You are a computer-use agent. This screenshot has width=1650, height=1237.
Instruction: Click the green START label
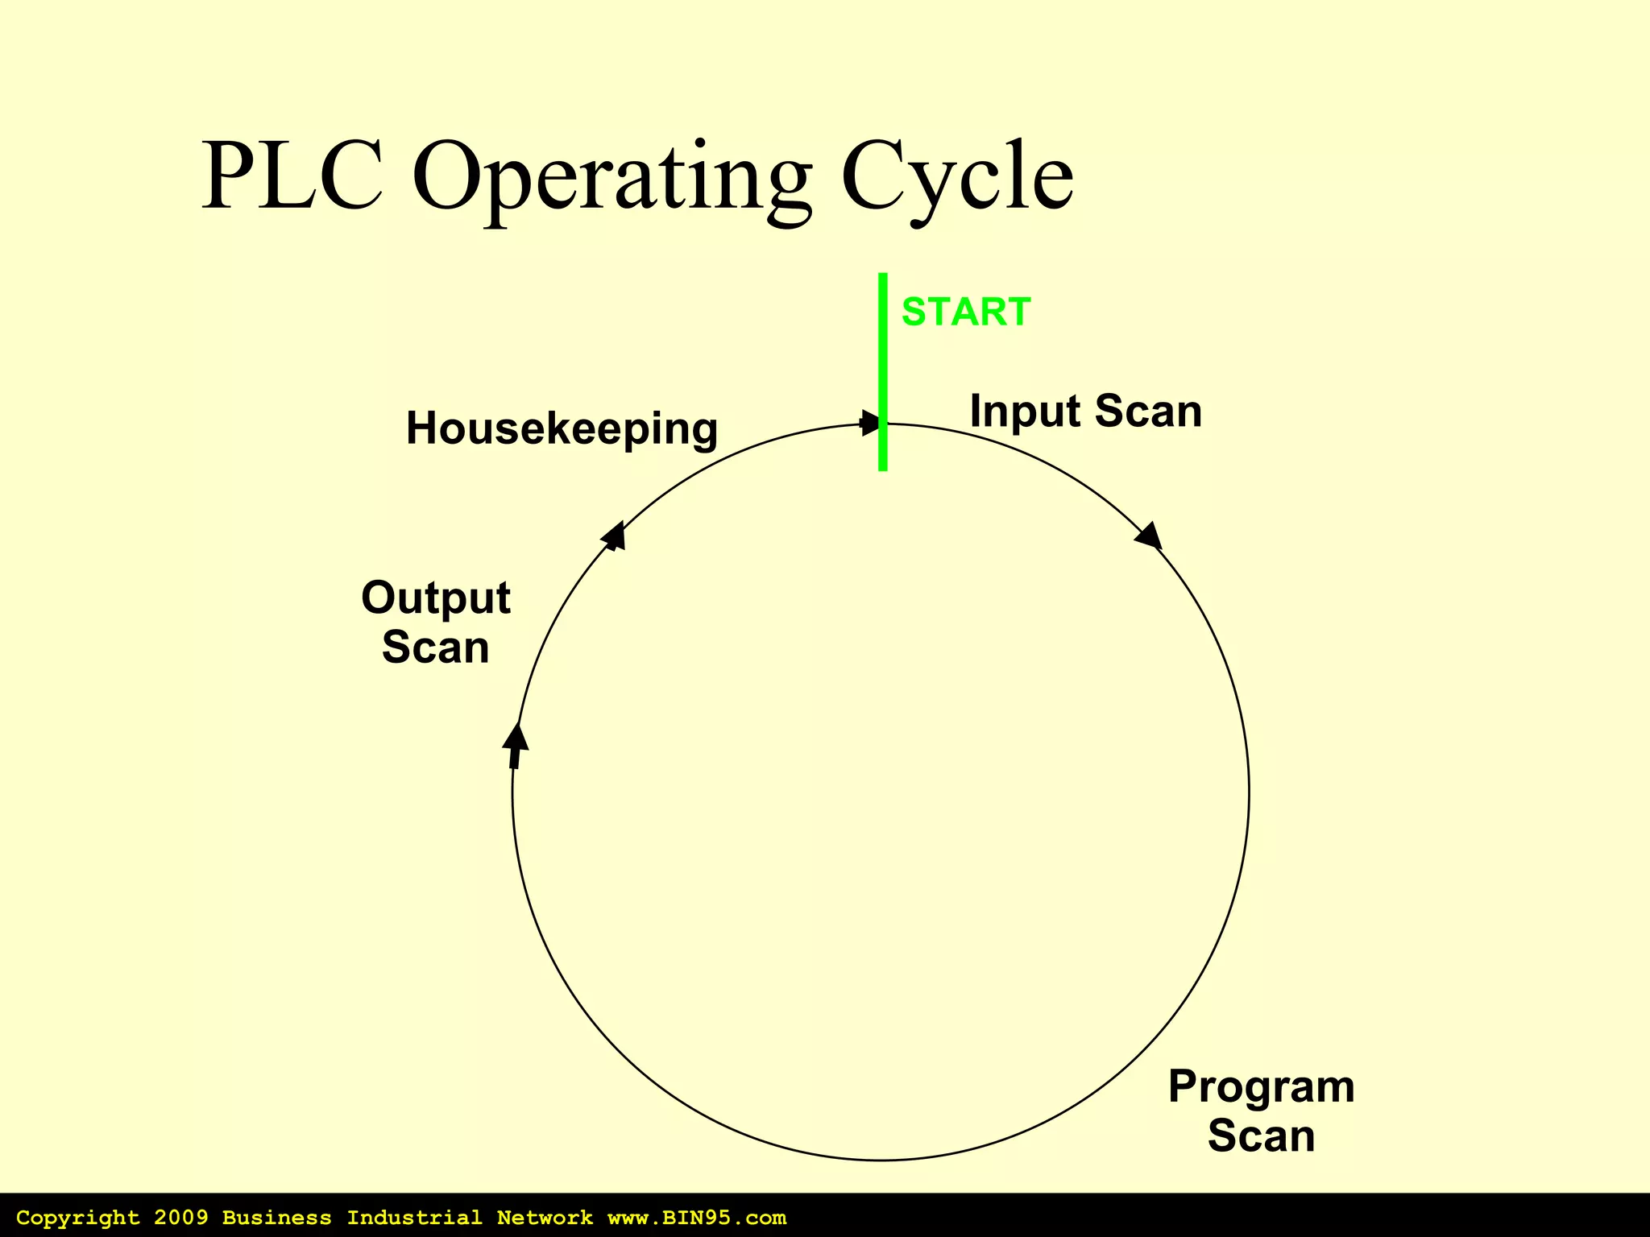(965, 312)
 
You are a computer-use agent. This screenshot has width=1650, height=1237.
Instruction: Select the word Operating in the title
(612, 179)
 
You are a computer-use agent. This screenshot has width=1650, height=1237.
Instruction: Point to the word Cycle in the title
(956, 179)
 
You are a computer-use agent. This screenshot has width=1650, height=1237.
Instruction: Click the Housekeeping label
(562, 428)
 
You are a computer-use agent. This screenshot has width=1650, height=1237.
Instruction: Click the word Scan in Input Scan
(1148, 412)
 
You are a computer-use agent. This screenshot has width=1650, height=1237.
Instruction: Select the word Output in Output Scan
(435, 598)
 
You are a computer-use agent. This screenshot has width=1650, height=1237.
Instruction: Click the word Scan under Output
(435, 647)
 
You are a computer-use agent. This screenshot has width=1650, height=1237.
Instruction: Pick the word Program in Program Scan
(1261, 1086)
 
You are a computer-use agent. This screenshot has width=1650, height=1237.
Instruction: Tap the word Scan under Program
(1261, 1136)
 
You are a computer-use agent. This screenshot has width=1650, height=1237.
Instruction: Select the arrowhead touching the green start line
(869, 422)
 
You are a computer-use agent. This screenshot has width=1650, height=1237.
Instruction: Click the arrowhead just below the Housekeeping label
(615, 536)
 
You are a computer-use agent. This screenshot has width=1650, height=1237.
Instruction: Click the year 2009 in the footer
(180, 1218)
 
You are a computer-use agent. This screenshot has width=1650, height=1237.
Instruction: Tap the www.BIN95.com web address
(697, 1218)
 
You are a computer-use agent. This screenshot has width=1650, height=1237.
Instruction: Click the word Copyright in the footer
(78, 1218)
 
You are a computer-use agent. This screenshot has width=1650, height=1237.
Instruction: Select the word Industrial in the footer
(414, 1218)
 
